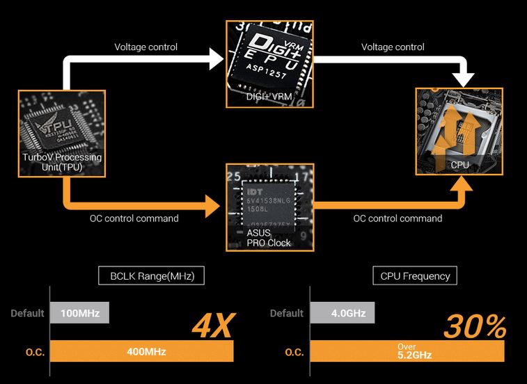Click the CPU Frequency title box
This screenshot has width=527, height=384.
tap(415, 275)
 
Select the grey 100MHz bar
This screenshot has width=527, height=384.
tap(79, 313)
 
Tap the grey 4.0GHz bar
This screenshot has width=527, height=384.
tap(343, 313)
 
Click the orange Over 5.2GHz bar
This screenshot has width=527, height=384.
tap(407, 351)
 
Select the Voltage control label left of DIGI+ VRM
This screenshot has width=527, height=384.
tap(145, 47)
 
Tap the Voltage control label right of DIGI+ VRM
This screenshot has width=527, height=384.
tap(393, 47)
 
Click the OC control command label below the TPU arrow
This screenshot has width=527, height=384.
tap(134, 218)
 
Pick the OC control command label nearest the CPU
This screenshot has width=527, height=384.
tap(398, 218)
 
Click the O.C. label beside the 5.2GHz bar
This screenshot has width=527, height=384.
tap(294, 352)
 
